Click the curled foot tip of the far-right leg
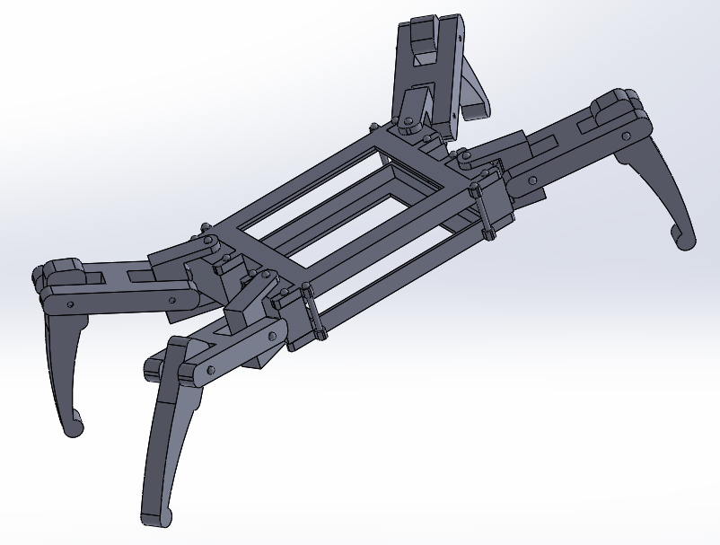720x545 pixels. pos(683,237)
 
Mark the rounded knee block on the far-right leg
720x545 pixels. pos(616,105)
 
